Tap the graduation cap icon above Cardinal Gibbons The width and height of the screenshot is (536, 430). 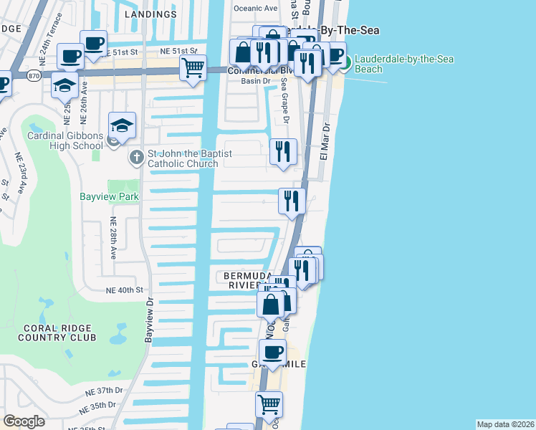pos(122,125)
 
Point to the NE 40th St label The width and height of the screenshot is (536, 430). pos(125,290)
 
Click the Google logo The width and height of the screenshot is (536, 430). pos(24,421)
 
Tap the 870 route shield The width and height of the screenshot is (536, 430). pos(33,74)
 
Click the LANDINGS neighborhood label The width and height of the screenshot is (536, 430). pos(150,14)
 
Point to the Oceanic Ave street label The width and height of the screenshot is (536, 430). pos(256,9)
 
